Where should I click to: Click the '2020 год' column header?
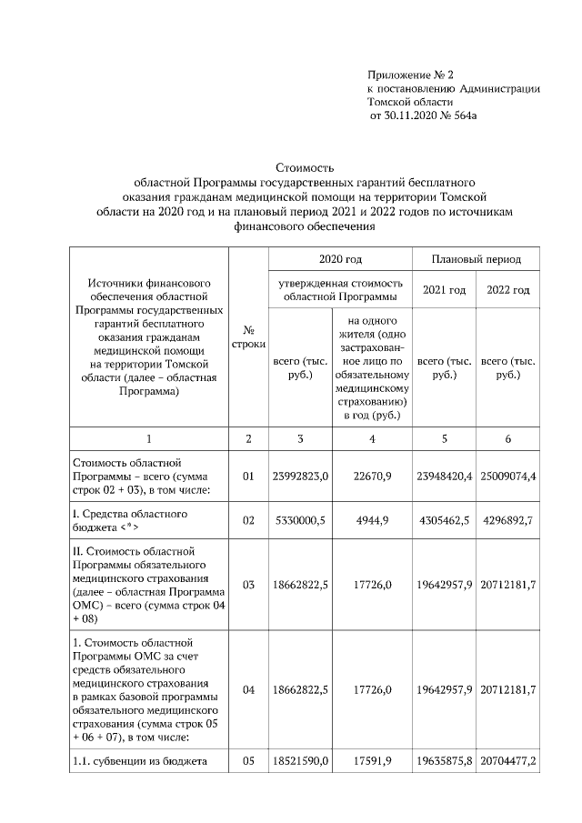coord(340,259)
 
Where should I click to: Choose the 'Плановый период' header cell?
coord(477,259)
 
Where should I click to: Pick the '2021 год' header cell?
coord(445,290)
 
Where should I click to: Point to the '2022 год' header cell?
coord(507,290)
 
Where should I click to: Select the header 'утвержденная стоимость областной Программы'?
coord(340,290)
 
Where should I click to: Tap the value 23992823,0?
coord(300,476)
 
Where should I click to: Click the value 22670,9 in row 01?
coord(373,476)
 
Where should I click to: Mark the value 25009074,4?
coord(508,476)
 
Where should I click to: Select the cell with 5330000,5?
coord(300,521)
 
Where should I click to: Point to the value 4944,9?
coord(373,521)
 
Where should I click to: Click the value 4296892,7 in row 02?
coord(508,521)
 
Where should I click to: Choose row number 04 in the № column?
coord(248,690)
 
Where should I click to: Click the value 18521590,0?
coord(300,759)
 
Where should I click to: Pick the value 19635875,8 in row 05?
coord(445,759)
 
